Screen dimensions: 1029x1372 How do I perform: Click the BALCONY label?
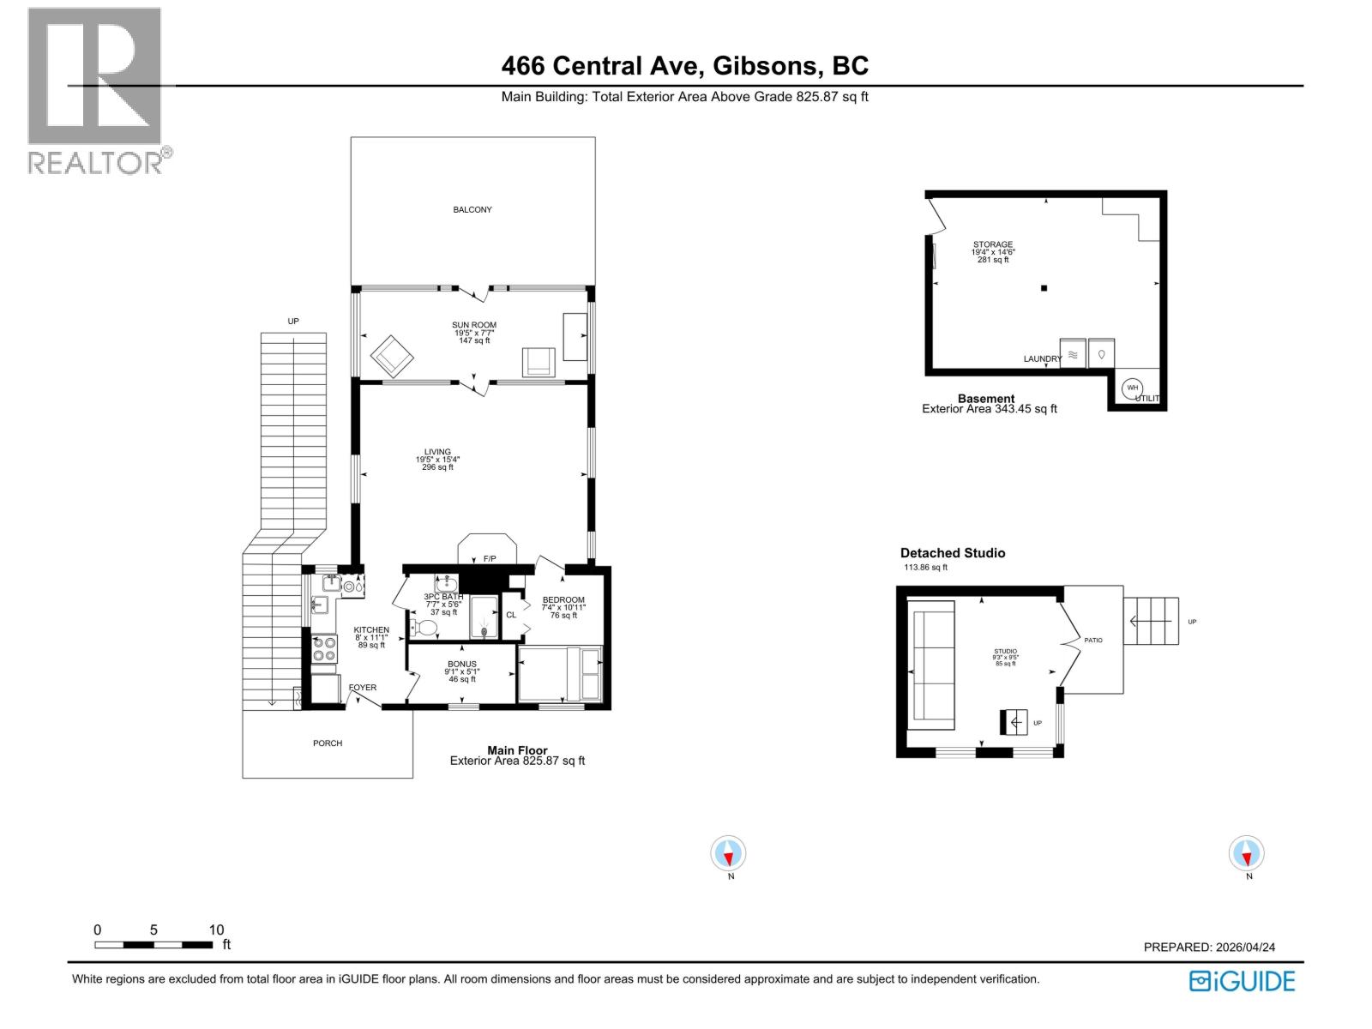(x=472, y=210)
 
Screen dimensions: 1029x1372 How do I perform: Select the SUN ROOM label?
(x=474, y=325)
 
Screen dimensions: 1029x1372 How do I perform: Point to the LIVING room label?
(x=437, y=452)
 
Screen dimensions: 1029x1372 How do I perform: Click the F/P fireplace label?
(x=490, y=559)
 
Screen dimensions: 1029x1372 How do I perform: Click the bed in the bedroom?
(x=561, y=674)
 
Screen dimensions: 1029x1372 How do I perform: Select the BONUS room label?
(x=461, y=665)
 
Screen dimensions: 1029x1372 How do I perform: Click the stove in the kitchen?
(x=324, y=648)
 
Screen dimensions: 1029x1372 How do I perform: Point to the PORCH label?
(x=328, y=743)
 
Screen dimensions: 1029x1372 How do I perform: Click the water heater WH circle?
(x=1132, y=388)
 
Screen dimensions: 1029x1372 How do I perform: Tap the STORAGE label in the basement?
(x=993, y=244)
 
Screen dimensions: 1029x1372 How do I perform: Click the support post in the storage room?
(x=1044, y=288)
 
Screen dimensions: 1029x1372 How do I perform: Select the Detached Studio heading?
(x=952, y=553)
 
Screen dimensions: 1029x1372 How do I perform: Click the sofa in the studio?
(x=932, y=665)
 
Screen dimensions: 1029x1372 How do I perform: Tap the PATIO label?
(x=1092, y=641)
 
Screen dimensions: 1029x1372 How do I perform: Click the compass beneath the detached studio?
(x=1246, y=854)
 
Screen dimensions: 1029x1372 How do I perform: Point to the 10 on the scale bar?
(x=216, y=930)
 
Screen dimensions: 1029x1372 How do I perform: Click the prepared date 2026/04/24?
(x=1244, y=948)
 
